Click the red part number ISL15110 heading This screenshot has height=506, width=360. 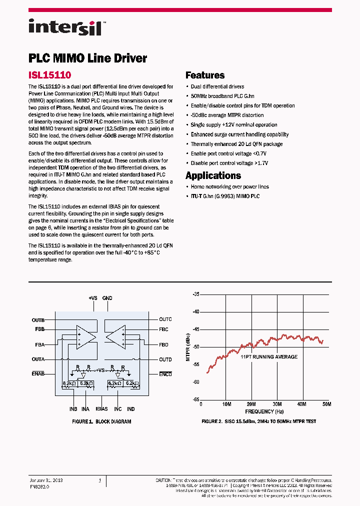49,75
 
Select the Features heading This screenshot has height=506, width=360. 205,75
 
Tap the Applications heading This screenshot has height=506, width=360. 213,175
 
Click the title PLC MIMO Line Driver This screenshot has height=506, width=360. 87,58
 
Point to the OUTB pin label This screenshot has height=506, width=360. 38,320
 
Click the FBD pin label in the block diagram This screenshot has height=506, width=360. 164,344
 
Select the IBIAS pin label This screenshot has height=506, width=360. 101,409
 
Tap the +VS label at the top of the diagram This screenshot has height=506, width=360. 93,298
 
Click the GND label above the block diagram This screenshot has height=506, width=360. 107,298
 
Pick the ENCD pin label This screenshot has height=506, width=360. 165,374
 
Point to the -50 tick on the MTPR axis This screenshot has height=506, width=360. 195,346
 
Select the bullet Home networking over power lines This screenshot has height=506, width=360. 229,186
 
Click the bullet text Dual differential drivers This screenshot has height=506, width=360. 217,86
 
